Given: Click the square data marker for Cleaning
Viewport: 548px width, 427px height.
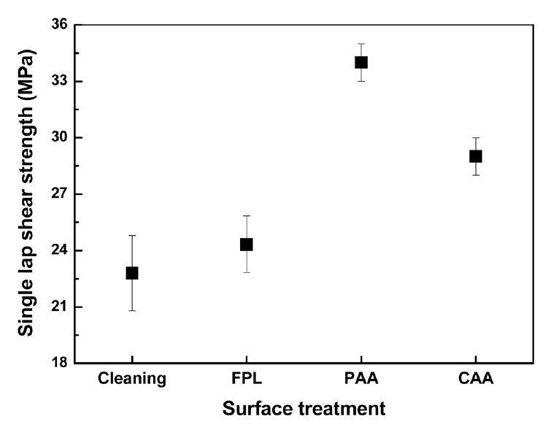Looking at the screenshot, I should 132,273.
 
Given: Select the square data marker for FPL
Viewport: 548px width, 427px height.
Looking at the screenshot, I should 247,245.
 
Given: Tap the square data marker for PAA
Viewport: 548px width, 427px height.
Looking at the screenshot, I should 361,62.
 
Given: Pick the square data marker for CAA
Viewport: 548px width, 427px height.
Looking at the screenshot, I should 476,156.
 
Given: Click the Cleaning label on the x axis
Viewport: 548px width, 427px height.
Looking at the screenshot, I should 132,378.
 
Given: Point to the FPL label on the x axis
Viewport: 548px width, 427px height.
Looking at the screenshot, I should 247,378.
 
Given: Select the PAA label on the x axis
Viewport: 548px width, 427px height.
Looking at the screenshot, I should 361,378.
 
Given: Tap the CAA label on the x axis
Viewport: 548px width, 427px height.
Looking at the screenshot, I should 476,378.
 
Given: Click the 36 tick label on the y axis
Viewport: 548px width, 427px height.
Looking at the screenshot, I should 59,25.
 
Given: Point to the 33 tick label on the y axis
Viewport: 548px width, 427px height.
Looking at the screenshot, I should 59,81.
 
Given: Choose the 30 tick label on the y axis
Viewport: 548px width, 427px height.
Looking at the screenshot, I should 59,138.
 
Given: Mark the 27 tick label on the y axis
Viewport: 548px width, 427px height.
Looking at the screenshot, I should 59,194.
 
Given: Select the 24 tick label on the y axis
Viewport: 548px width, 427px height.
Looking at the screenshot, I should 59,250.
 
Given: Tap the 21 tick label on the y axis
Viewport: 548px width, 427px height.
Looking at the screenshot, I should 59,307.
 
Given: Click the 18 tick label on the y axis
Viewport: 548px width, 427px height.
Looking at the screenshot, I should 59,363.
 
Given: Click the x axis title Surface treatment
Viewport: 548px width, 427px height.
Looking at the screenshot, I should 304,407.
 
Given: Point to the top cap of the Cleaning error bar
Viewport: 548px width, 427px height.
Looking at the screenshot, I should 132,235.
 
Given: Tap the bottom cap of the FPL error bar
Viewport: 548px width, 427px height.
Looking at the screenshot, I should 247,272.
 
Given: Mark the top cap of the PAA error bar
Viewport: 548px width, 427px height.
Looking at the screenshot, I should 361,44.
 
